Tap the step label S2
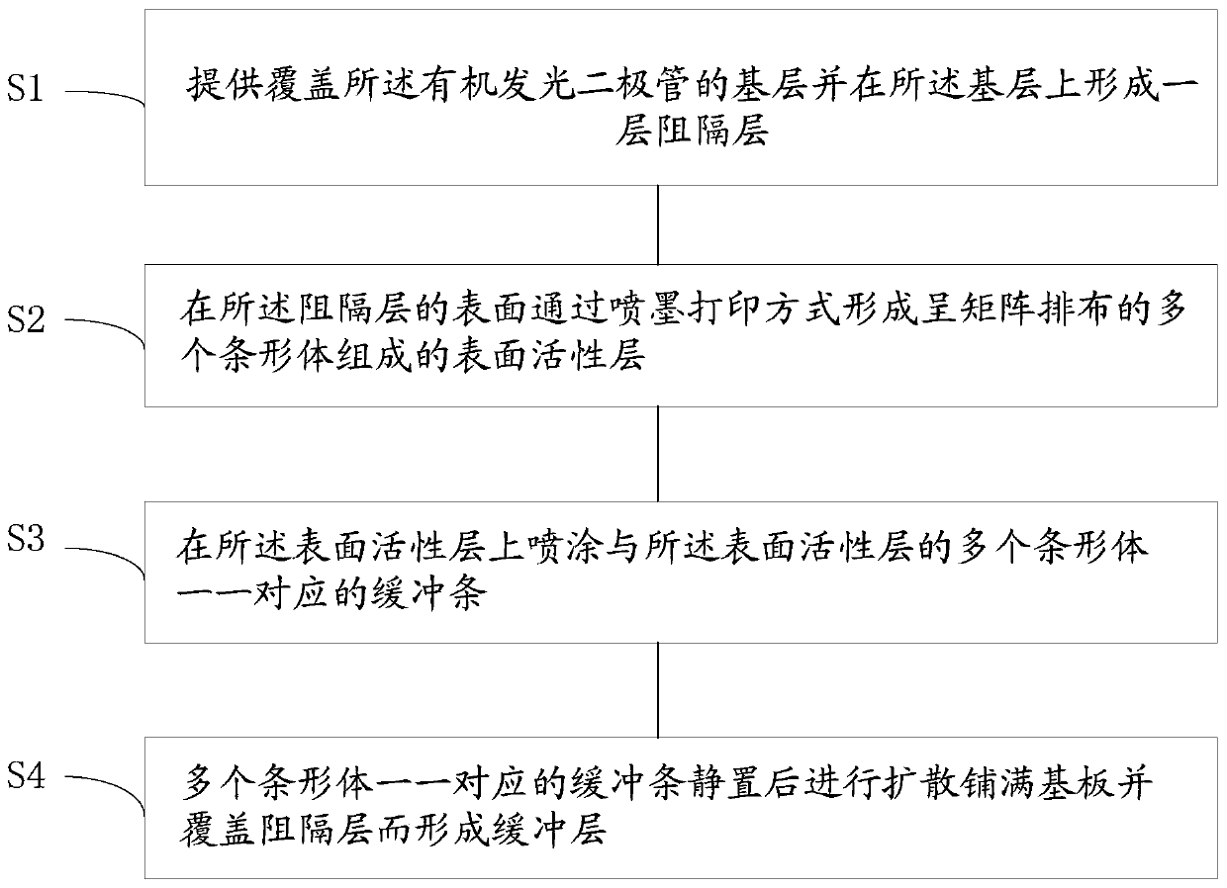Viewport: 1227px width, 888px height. click(x=25, y=319)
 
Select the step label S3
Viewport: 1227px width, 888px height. click(x=25, y=538)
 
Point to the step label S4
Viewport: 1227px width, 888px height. click(x=25, y=775)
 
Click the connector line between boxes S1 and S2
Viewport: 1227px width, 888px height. click(x=658, y=225)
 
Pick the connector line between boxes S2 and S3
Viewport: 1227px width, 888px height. click(x=658, y=454)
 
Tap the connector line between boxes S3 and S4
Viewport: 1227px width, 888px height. click(x=658, y=690)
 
